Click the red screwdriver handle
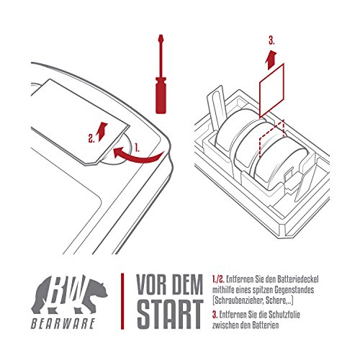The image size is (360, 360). pos(161,95)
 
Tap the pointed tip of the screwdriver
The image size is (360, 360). pos(161,35)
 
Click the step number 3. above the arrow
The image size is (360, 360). pos(271,41)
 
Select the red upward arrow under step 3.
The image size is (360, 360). pos(271,60)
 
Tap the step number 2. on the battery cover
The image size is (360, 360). pos(91,139)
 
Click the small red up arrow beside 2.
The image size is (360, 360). pos(102,131)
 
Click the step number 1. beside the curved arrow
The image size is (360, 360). pos(137,148)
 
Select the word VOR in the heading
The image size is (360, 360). pos(152,284)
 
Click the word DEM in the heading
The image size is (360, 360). pos(188,284)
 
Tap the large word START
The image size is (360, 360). pos(169,315)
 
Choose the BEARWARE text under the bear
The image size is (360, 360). pos(63,323)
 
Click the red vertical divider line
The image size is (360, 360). pos(122,301)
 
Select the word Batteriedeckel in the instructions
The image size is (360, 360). pos(297,279)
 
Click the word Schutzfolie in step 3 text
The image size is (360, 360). pos(284,315)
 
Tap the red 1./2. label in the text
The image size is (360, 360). pos(218,279)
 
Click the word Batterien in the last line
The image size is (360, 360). pos(266,325)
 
